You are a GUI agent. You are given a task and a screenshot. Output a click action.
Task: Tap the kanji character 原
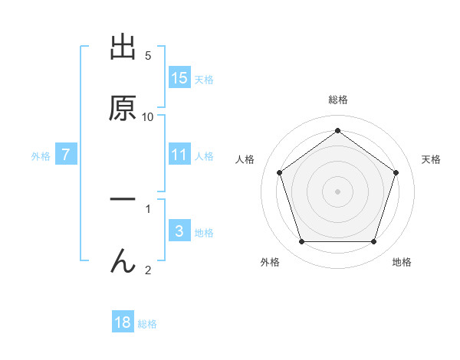[x=123, y=109]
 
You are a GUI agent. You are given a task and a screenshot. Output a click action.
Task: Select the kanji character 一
[x=123, y=201]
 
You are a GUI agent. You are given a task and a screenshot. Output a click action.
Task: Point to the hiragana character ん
[x=123, y=261]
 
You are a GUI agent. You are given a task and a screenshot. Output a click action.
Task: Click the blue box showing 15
[x=179, y=78]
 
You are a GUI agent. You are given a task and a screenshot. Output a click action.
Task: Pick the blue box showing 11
[x=179, y=155]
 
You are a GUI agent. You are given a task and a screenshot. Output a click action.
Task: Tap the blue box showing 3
[x=179, y=231]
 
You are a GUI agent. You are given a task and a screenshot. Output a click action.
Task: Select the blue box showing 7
[x=66, y=155]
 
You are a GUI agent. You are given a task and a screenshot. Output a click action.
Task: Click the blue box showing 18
[x=123, y=322]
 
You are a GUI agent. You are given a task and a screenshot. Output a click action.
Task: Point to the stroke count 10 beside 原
[x=148, y=116]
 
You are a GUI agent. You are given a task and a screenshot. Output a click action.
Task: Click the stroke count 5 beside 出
[x=148, y=56]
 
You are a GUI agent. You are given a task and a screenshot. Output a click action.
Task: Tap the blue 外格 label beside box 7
[x=41, y=156]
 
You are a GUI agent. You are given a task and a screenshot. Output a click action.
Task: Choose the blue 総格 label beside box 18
[x=147, y=324]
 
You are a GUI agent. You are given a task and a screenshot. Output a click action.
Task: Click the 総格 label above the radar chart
[x=337, y=100]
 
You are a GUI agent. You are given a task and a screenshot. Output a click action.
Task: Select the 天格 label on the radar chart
[x=431, y=159]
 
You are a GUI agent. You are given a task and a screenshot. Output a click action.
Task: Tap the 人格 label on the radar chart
[x=245, y=159]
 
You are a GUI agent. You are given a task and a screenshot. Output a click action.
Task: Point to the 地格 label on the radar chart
[x=402, y=262]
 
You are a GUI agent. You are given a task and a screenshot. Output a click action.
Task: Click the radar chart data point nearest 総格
[x=337, y=131]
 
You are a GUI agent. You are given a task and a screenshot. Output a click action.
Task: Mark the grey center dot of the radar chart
[x=337, y=191]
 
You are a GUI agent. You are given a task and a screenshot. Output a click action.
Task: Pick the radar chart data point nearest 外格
[x=301, y=242]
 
